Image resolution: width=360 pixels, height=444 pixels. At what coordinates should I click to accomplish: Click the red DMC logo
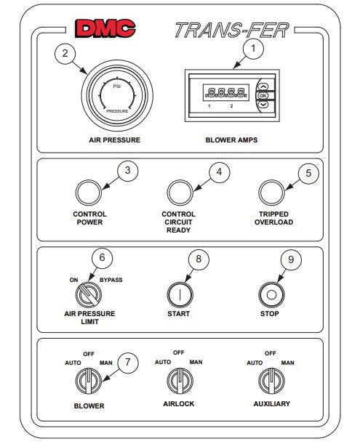[x=105, y=28]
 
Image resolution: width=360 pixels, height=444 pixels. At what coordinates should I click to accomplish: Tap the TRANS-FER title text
[x=232, y=31]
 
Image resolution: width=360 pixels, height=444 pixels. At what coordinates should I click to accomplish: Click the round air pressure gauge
[x=117, y=95]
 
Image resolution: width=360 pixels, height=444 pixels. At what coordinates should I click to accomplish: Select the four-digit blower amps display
[x=226, y=92]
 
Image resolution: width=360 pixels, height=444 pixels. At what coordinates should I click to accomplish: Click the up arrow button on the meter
[x=263, y=86]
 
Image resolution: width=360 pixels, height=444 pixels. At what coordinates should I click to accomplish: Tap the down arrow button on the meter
[x=263, y=105]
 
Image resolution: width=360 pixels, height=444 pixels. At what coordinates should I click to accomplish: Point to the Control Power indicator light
[x=89, y=193]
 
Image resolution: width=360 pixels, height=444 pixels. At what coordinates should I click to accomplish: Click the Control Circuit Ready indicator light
[x=180, y=193]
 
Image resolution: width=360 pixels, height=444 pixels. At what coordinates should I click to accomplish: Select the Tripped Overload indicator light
[x=271, y=193]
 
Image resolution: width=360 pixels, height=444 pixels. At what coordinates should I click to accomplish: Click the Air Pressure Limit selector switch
[x=89, y=295]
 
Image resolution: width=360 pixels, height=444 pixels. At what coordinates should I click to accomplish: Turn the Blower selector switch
[x=89, y=381]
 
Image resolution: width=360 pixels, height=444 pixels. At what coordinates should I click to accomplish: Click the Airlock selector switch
[x=180, y=381]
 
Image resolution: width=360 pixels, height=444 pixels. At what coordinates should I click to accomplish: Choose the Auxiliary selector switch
[x=271, y=381]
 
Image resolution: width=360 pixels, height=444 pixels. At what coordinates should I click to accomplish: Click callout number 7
[x=127, y=363]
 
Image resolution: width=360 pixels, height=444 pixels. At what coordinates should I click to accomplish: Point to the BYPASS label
[x=111, y=280]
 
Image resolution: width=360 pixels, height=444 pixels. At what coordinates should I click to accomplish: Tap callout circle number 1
[x=253, y=49]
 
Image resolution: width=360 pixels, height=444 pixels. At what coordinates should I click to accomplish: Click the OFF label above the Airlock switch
[x=179, y=353]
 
